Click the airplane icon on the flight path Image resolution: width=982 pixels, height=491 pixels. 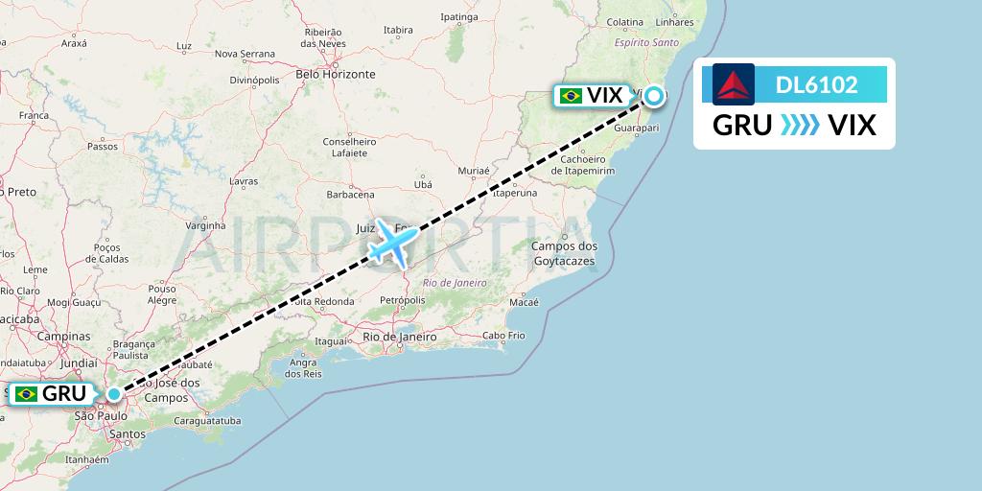(x=393, y=241)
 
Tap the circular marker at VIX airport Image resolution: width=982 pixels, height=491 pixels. (x=654, y=95)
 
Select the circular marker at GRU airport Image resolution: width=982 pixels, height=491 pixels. (x=114, y=393)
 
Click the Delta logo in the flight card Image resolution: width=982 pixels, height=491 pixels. (x=734, y=84)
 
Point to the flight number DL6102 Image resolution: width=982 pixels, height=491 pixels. (x=816, y=85)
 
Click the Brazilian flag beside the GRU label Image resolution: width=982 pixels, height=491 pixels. (x=26, y=393)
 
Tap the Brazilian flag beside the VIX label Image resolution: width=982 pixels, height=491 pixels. (x=571, y=95)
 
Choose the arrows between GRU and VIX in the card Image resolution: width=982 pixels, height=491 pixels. (x=800, y=126)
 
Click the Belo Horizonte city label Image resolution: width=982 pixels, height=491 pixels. (x=335, y=74)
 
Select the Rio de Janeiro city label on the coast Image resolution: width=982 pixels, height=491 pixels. (x=400, y=337)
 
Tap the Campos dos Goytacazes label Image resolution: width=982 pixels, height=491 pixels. (x=563, y=253)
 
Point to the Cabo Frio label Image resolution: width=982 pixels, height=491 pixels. (x=504, y=336)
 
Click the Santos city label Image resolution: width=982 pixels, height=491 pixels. (x=127, y=434)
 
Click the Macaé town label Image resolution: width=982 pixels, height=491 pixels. (x=525, y=302)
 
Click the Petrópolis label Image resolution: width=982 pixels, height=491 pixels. (x=402, y=300)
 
